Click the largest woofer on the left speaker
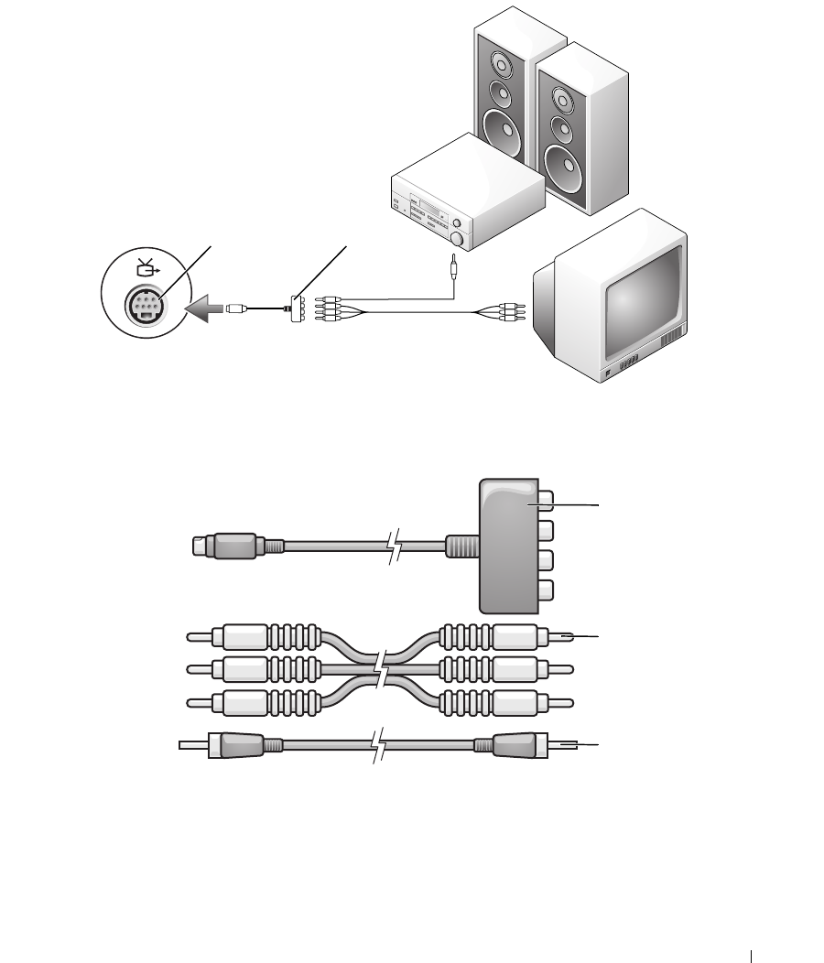501,126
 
